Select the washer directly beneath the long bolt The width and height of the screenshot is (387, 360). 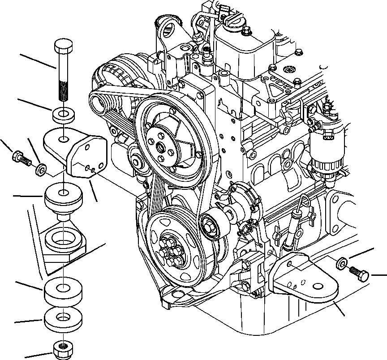click(64, 115)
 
